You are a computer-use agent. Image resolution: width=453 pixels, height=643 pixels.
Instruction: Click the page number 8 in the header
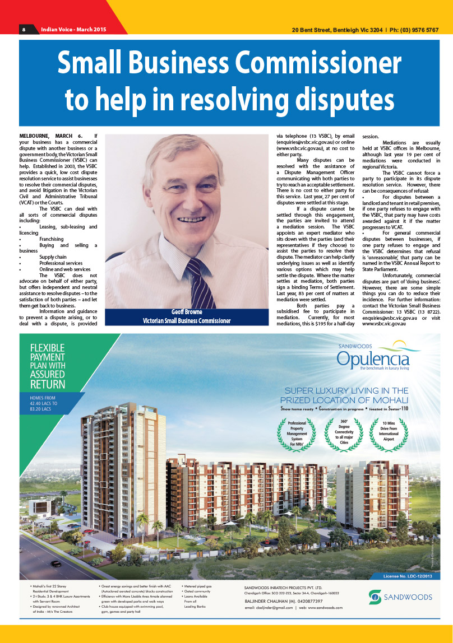point(24,30)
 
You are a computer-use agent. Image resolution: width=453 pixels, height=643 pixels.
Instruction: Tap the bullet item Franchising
point(51,239)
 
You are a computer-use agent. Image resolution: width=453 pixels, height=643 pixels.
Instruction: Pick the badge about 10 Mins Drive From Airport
point(389,432)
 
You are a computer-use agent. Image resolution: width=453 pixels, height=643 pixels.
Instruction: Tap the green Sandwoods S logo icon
point(375,597)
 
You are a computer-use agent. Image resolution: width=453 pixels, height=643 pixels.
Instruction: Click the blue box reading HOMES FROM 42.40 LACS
point(44,403)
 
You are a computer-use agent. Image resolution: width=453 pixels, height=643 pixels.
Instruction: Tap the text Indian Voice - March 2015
point(73,30)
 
